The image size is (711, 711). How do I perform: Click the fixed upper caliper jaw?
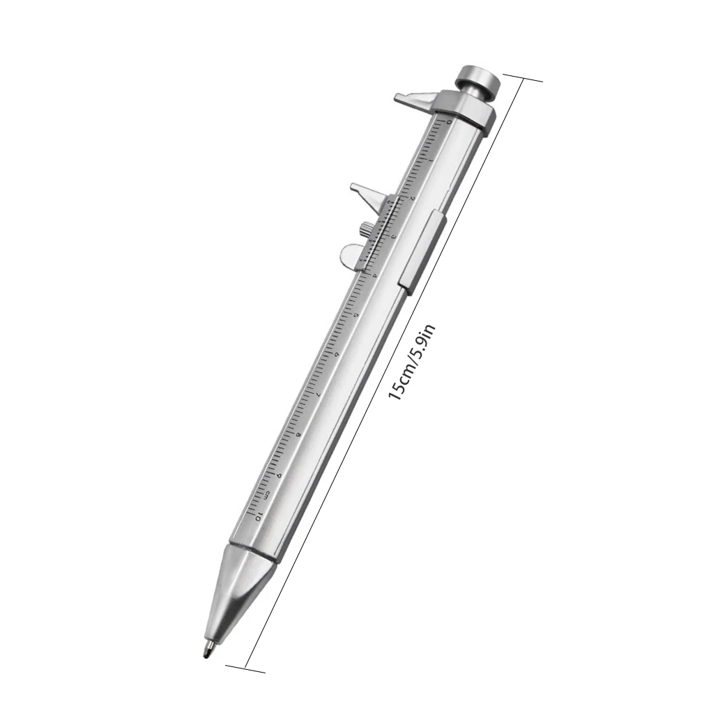coord(415,100)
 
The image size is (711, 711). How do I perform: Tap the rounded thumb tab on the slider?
coord(351,255)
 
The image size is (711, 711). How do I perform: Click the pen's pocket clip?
coord(417,250)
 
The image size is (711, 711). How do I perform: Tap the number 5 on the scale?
coord(356,316)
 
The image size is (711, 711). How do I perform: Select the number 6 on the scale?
coord(337,355)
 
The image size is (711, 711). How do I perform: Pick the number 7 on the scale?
coord(319,395)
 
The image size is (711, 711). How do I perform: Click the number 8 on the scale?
coord(299,436)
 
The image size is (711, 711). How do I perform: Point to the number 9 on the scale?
coord(280,476)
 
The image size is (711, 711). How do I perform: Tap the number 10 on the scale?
coord(259,517)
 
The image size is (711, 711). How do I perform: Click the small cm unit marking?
coord(266,496)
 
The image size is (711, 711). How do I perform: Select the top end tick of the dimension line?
coord(522,78)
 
